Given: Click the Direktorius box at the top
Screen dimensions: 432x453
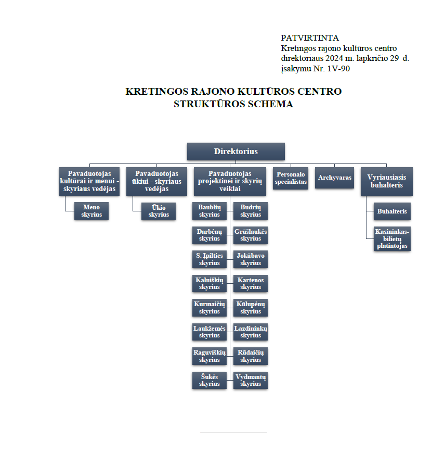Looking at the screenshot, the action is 235,152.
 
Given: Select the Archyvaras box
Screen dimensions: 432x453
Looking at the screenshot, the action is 334,178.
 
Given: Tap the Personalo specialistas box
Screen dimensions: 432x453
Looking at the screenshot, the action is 291,178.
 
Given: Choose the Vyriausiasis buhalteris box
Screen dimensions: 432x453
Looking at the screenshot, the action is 386,181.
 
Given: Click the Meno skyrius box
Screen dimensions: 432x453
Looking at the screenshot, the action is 91,211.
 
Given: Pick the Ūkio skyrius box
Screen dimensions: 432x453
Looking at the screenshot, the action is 159,211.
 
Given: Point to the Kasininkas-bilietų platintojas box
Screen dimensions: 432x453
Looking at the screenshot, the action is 392,238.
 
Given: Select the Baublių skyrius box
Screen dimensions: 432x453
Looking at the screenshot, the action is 210,211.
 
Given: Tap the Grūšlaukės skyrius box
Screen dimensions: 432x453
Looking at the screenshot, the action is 251,235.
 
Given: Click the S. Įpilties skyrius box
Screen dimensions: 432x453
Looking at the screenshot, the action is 210,259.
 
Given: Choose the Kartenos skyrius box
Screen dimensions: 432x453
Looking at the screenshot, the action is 251,284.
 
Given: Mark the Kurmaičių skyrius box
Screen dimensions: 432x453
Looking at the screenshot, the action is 210,308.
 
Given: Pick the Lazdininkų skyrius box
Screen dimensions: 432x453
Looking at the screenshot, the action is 251,332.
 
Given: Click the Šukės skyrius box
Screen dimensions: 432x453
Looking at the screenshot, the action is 210,381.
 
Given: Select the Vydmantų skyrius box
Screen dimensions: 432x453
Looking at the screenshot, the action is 251,381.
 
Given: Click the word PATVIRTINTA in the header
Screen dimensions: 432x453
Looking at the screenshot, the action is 310,38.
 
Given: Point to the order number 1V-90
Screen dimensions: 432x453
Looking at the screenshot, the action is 338,69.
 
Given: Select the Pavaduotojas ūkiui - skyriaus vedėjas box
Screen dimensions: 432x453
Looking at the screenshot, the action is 156,181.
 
